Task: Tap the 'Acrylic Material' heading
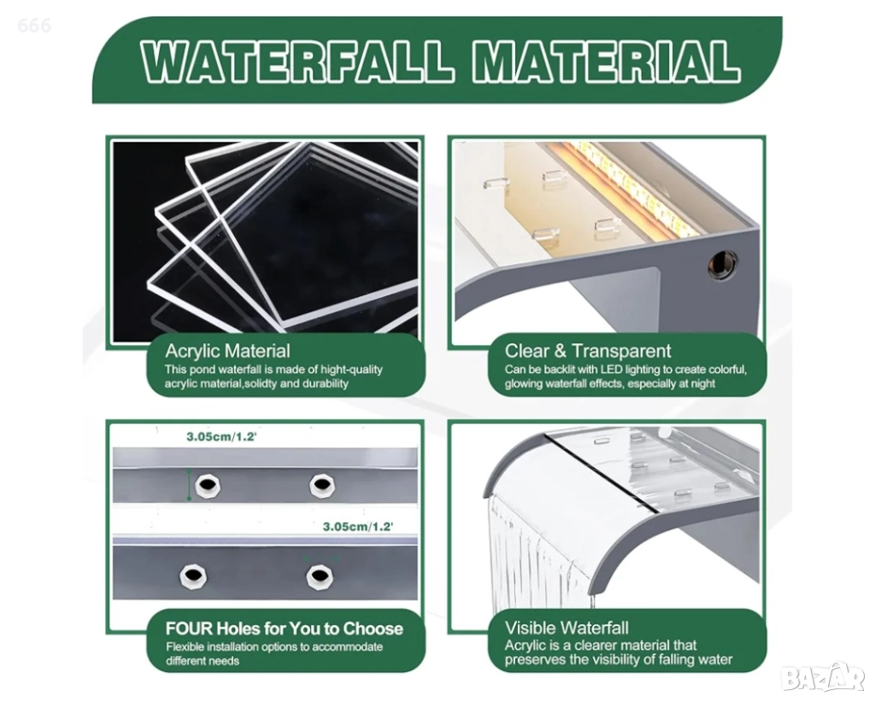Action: (227, 351)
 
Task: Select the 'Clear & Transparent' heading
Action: (588, 351)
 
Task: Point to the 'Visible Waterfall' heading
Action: (567, 628)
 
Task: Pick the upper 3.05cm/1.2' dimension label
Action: (221, 436)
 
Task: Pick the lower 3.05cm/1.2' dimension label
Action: (358, 526)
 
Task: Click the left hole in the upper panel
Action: (208, 486)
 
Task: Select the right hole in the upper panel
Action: (322, 486)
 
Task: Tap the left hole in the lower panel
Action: (194, 576)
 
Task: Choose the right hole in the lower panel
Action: (320, 576)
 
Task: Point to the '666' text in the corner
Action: (34, 25)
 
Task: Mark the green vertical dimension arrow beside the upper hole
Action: (189, 484)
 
